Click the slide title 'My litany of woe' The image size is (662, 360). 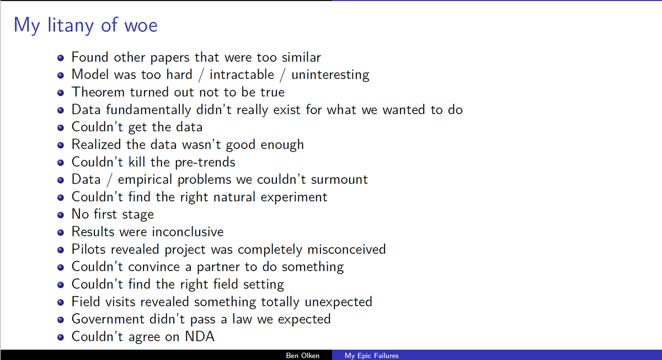[x=86, y=25]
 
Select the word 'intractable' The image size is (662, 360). [x=241, y=74]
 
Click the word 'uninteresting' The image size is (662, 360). [x=330, y=74]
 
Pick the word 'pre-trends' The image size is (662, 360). [x=205, y=162]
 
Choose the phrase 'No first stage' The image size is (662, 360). [x=113, y=214]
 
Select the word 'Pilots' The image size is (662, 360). [x=89, y=249]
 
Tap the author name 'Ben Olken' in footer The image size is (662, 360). [x=302, y=356]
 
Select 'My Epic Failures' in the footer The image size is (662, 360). [x=371, y=356]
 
